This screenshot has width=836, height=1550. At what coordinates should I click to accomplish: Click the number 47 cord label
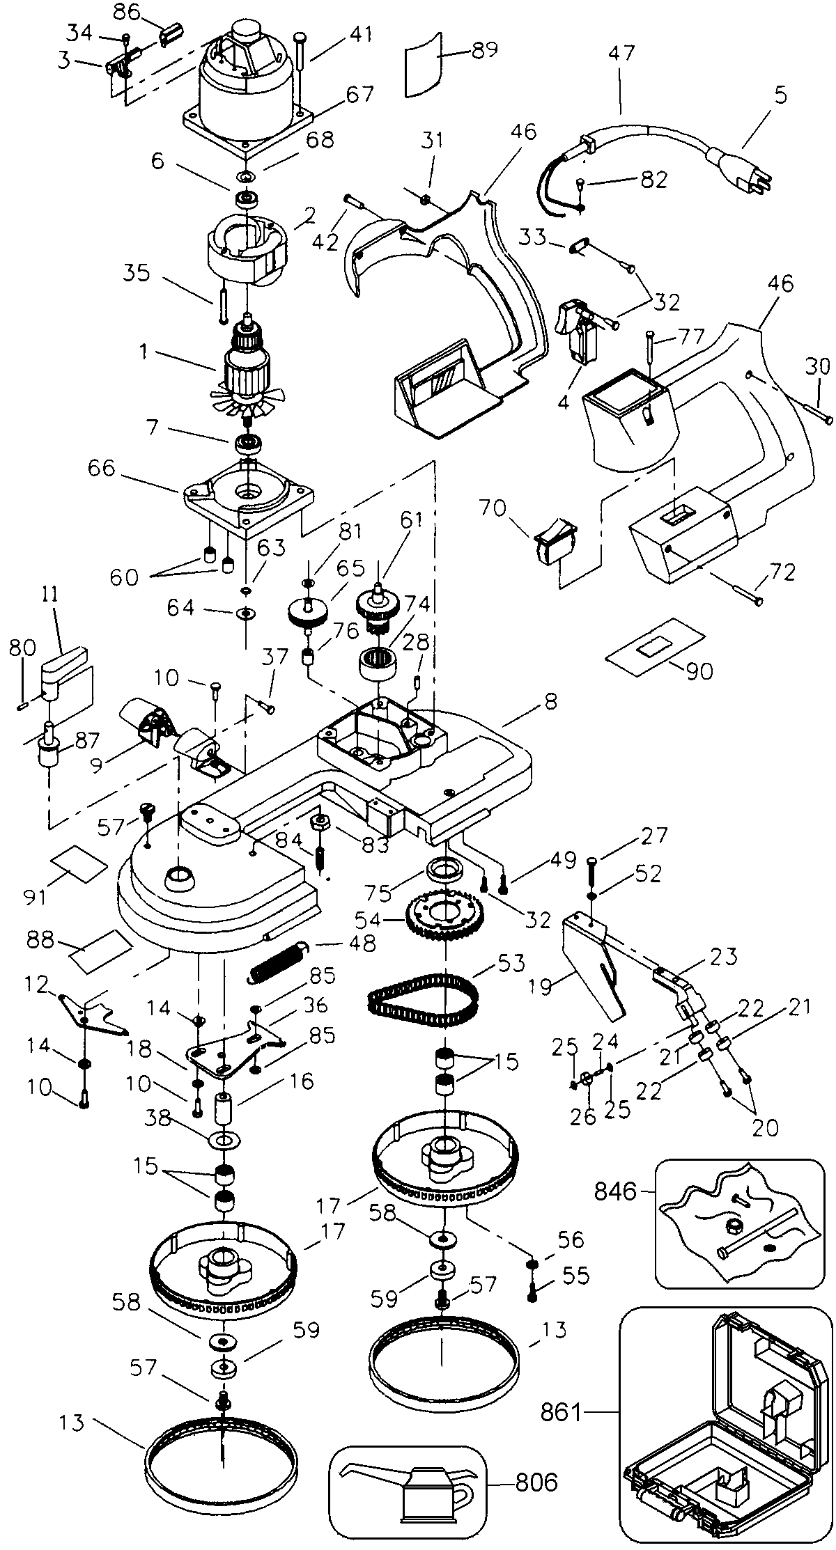[x=621, y=54]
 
